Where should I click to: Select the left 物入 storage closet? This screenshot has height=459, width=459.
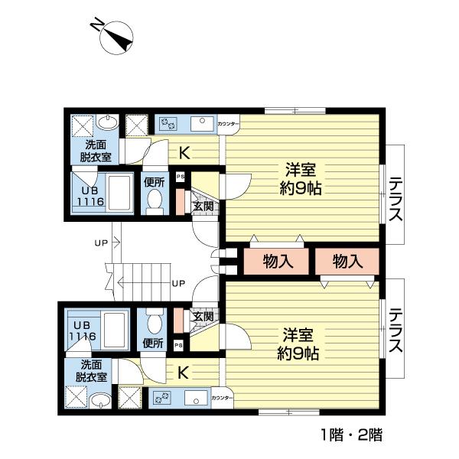coord(278,261)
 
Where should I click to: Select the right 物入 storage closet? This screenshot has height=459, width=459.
coord(347,261)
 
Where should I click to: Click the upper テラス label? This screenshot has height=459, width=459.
coord(396,199)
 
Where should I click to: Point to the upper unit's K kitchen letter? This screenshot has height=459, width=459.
coord(184,153)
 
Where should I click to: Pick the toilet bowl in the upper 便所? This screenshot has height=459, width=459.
coord(155,201)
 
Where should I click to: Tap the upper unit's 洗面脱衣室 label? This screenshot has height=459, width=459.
coord(96,151)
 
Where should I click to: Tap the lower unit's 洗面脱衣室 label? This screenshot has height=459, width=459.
coord(90,372)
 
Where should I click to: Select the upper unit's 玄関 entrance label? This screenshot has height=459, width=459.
coord(203,206)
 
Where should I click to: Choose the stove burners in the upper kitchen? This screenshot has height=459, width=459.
coord(168,122)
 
